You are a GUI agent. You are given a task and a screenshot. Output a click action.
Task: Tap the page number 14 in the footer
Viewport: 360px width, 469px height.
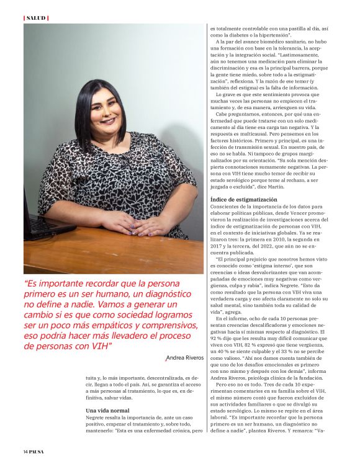[26, 450]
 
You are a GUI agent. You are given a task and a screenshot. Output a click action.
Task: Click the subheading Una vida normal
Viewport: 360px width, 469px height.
[107, 411]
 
